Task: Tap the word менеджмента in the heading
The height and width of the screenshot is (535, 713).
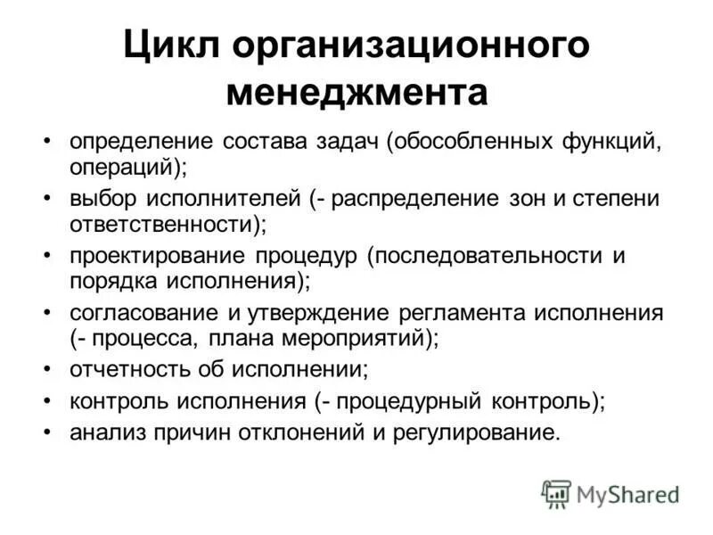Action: coord(356,92)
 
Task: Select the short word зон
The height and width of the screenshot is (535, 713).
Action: coord(546,198)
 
